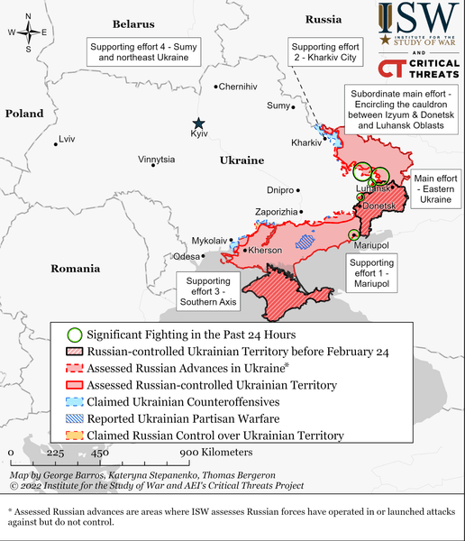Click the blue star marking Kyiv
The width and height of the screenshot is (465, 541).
click(198, 124)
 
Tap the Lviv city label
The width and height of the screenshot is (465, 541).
click(67, 140)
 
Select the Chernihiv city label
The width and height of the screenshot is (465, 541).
click(238, 87)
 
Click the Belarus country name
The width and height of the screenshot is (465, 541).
click(133, 23)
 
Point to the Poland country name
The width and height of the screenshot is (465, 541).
click(24, 114)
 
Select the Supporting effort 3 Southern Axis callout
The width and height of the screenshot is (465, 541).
click(208, 293)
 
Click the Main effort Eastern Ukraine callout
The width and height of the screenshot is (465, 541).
click(436, 189)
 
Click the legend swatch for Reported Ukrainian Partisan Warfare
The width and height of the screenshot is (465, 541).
click(71, 418)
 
